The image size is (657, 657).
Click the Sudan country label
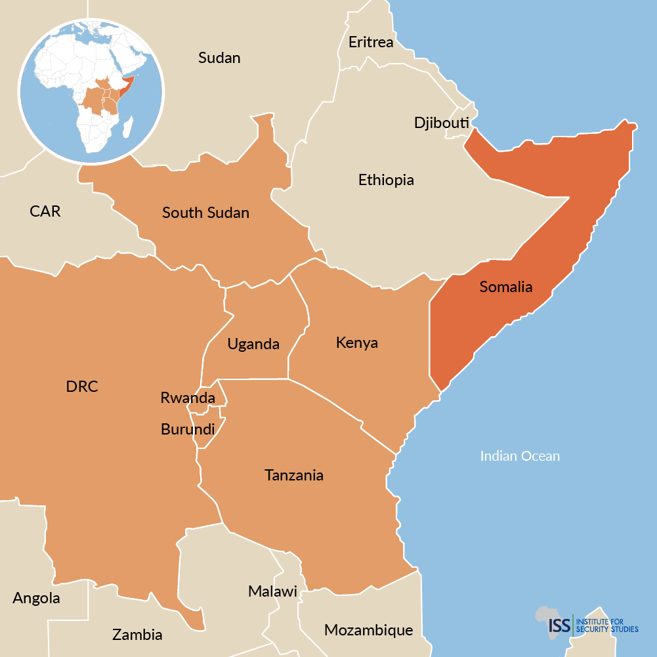pos(219,58)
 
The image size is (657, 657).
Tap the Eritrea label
pos(371,43)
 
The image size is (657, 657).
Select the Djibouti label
pos(441,123)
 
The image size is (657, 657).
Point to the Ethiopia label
pos(386,180)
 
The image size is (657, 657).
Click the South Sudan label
pos(205,213)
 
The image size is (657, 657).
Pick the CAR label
pos(45,211)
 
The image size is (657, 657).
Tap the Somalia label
pos(505,287)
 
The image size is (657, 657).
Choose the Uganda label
pos(253,344)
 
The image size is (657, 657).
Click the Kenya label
pos(356,343)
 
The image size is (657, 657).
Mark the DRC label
pos(82,387)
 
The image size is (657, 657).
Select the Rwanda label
pos(188,398)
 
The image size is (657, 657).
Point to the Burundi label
pos(188,430)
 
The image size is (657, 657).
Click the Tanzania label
pos(294,475)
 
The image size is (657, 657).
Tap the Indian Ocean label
pos(520,456)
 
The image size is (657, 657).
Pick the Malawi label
pos(272,591)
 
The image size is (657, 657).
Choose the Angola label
pos(36,599)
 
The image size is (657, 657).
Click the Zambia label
pos(137,635)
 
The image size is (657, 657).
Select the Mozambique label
pos(368,631)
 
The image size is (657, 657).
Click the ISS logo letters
pos(559,624)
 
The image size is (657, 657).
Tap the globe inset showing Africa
pos(91,91)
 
